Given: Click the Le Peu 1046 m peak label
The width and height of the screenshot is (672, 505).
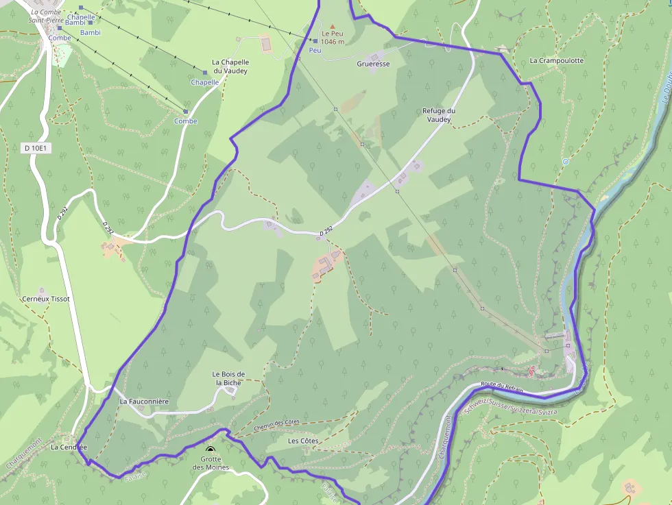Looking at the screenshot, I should [333, 38].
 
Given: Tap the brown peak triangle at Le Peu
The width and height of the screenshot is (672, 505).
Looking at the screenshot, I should [333, 25].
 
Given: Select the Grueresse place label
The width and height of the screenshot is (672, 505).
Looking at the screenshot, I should [373, 64].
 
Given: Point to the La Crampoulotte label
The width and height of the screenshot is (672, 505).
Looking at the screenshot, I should [557, 60].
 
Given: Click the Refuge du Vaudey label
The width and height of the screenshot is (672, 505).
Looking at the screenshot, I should [439, 115].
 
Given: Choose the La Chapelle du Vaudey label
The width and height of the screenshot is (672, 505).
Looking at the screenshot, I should [230, 66].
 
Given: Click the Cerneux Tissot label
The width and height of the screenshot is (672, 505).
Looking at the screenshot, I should [46, 299].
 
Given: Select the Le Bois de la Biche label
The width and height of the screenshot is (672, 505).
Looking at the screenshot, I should [228, 378].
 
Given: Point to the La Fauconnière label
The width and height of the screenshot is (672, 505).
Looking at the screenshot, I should [144, 401].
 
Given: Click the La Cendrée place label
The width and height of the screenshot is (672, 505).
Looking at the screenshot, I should [69, 447].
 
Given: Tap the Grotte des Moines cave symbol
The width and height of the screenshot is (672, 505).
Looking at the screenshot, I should [210, 449].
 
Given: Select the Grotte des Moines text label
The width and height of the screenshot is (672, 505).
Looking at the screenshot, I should [211, 463].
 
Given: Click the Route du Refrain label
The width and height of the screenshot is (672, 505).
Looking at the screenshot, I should [502, 389].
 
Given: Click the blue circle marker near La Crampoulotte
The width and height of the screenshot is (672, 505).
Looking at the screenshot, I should [565, 162].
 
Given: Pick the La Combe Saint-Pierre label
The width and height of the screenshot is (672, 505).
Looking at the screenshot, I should [47, 16].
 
